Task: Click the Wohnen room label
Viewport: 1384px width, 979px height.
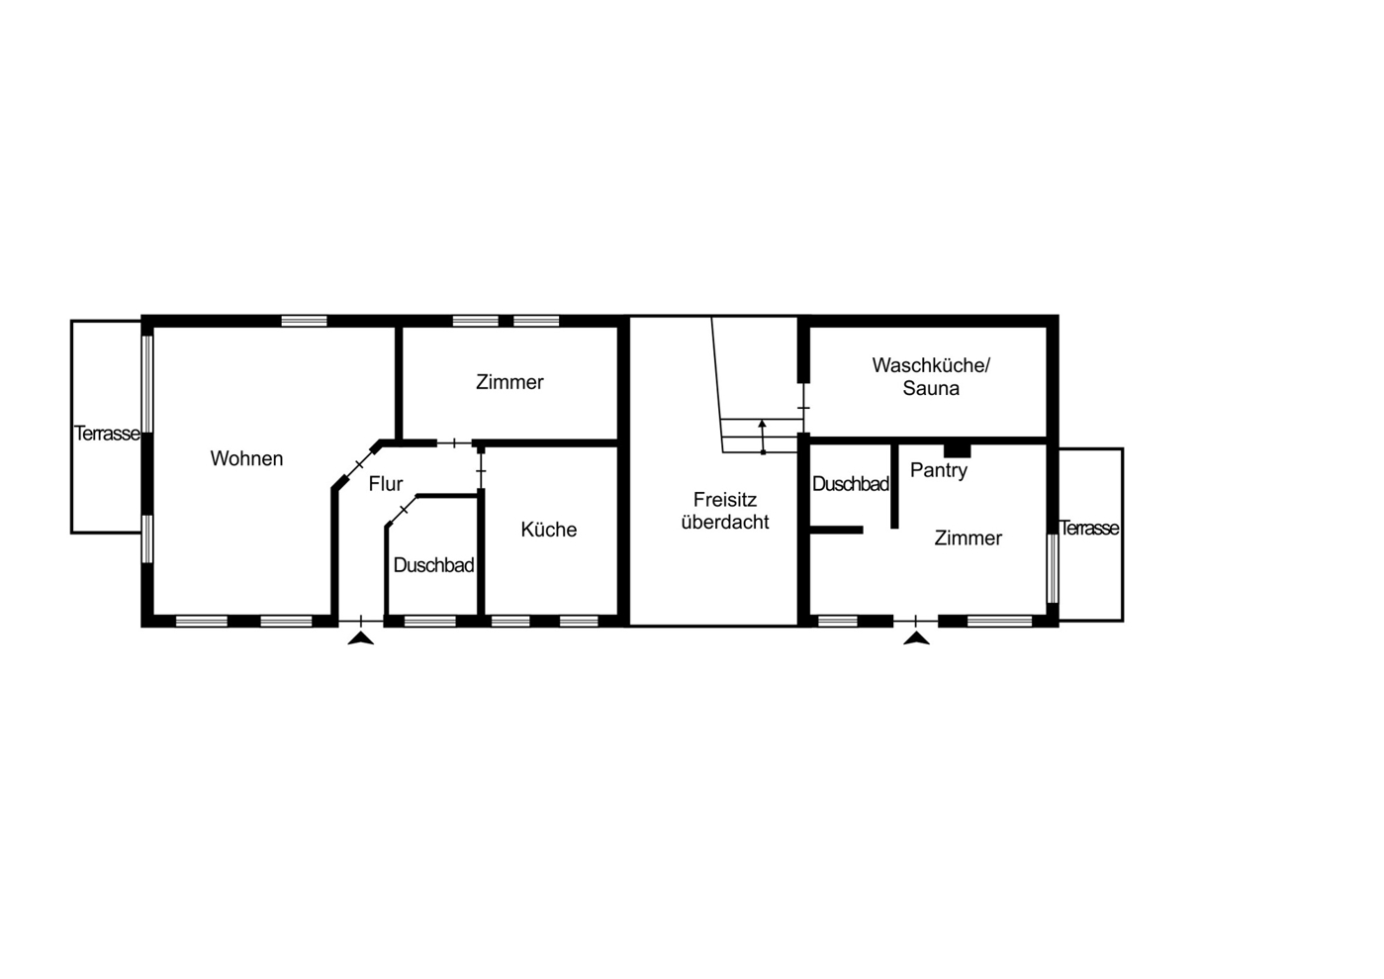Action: click(x=246, y=458)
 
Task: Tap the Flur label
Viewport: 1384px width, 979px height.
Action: click(x=386, y=483)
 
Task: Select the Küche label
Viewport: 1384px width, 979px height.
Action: click(x=549, y=529)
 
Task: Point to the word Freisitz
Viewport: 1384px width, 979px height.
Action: click(x=725, y=499)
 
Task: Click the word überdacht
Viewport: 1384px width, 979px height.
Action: click(x=725, y=522)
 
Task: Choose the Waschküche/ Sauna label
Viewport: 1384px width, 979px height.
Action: click(x=931, y=376)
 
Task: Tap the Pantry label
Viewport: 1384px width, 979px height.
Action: click(x=939, y=470)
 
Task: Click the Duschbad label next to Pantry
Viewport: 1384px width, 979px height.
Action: click(x=850, y=484)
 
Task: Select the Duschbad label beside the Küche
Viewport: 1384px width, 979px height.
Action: click(x=433, y=565)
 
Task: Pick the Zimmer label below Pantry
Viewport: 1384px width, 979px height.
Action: click(x=968, y=538)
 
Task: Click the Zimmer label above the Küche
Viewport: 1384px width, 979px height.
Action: click(x=509, y=382)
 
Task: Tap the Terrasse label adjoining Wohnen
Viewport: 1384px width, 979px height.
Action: click(x=106, y=434)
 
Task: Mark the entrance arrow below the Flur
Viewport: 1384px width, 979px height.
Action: click(x=361, y=638)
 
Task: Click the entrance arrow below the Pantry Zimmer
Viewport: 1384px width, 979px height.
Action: click(x=916, y=638)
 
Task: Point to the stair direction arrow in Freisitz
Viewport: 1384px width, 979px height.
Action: click(x=763, y=437)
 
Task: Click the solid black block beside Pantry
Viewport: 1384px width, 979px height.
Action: click(x=957, y=450)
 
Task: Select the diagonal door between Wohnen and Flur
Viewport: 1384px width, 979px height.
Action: click(x=359, y=463)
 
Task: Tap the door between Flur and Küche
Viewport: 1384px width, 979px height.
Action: click(x=481, y=471)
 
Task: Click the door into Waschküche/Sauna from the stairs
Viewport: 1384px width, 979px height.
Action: click(x=803, y=408)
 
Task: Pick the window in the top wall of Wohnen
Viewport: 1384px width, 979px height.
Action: click(x=304, y=321)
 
